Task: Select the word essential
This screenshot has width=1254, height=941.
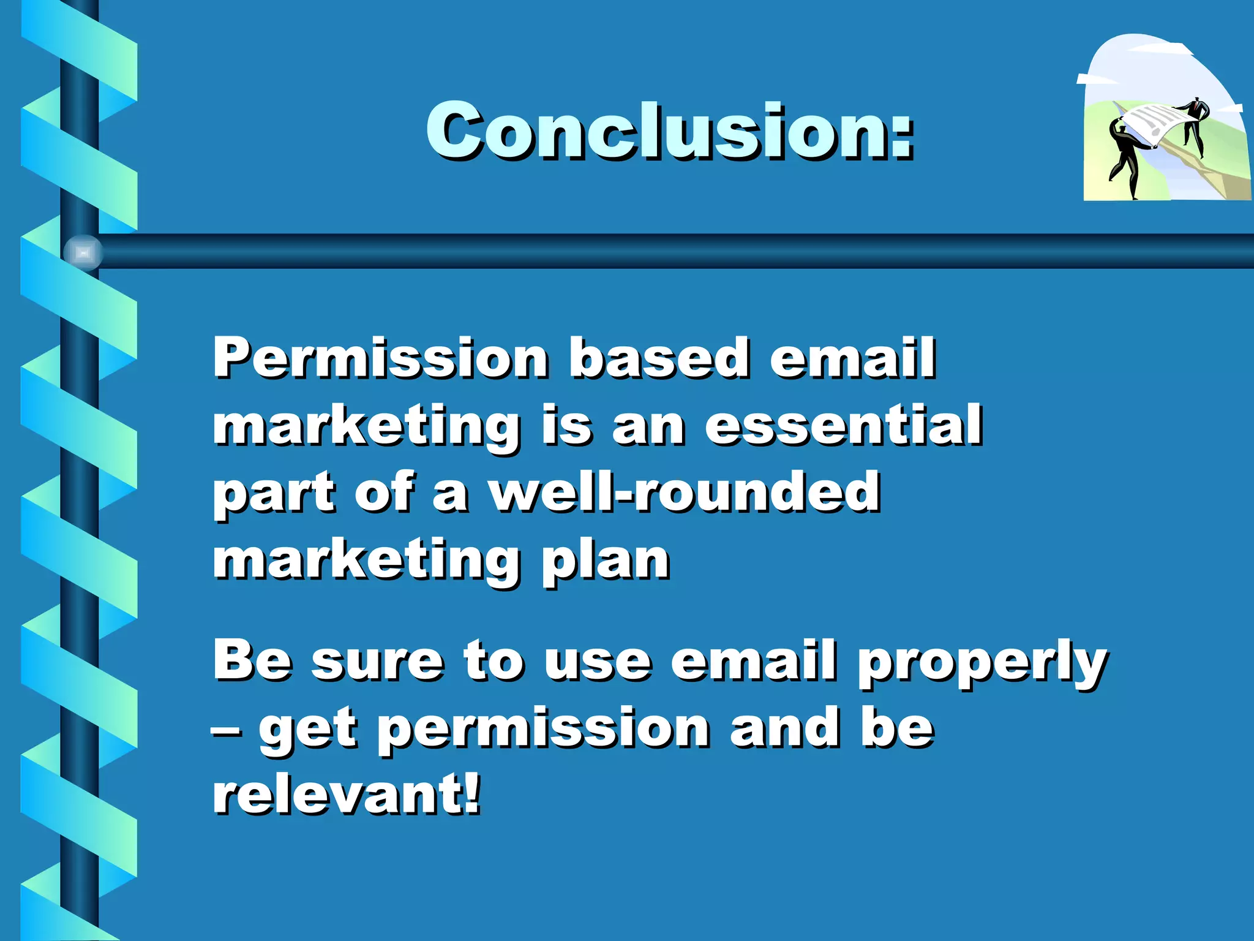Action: click(843, 425)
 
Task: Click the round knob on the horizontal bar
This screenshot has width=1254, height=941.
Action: click(83, 252)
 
